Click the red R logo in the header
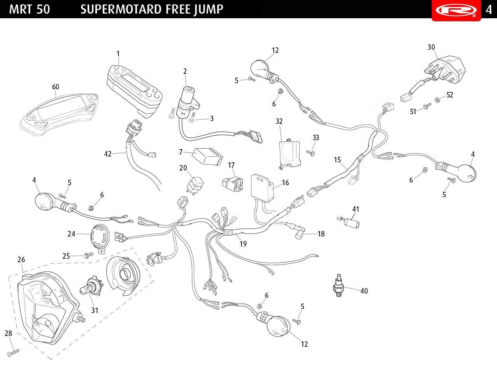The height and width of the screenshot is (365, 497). pos(456,10)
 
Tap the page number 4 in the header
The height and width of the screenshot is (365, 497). pos(489,9)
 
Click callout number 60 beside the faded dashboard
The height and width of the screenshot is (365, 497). pos(56,87)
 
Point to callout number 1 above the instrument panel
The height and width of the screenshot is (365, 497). pos(118,54)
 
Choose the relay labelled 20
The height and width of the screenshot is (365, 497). pos(196,182)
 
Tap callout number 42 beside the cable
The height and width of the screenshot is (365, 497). pos(108,154)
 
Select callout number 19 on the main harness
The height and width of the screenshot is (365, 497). pos(243,244)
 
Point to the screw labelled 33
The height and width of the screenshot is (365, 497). pos(311,153)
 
